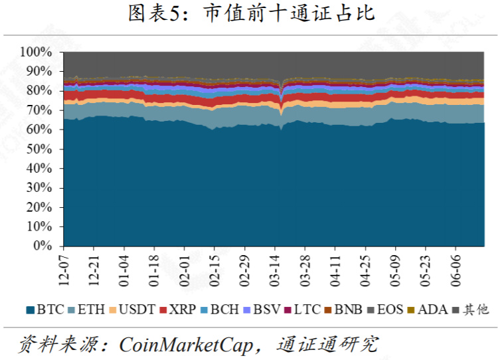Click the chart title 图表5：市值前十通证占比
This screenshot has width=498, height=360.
click(252, 13)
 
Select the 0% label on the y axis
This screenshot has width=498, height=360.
click(42, 246)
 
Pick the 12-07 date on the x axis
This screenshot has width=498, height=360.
click(64, 270)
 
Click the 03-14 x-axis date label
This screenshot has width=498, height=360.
click(275, 270)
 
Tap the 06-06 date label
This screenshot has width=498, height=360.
click(456, 270)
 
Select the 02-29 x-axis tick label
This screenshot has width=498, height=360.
click(244, 270)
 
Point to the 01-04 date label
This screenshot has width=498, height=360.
click(124, 270)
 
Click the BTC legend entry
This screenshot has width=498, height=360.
click(45, 310)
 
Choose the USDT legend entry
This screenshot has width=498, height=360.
click(132, 310)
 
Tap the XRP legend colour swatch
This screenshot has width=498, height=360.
click(163, 310)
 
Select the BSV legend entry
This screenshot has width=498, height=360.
click(262, 310)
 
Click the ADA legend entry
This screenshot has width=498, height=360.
click(428, 310)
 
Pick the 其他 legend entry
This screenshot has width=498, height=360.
click(470, 310)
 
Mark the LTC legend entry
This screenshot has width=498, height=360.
click(302, 310)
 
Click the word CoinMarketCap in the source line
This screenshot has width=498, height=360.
click(186, 345)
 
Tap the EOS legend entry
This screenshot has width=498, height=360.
click(385, 310)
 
